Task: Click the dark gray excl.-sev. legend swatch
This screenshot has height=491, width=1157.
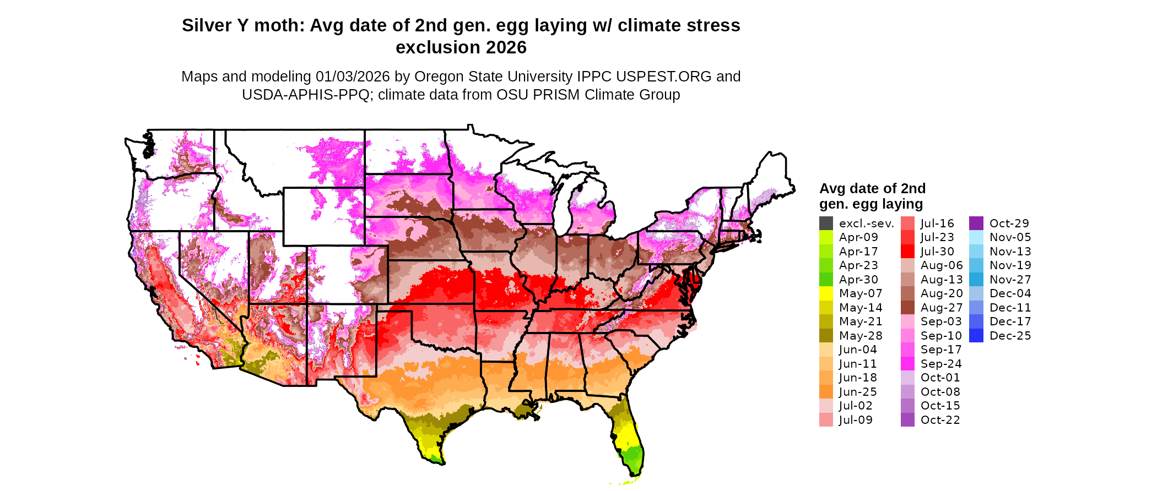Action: tap(826, 223)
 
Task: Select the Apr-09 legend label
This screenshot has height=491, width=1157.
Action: tap(858, 237)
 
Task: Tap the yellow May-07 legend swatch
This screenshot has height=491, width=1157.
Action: tap(826, 293)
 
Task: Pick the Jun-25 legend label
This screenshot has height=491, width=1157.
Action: tap(858, 392)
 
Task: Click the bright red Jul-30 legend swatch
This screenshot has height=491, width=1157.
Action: tap(907, 252)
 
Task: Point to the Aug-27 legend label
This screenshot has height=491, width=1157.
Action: tap(942, 308)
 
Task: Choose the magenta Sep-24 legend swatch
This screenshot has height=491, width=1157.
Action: tap(907, 364)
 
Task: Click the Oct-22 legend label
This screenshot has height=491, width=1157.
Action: tap(940, 420)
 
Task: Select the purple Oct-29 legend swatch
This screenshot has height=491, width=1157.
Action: tap(976, 223)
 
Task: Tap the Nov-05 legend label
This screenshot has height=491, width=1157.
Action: tap(1010, 237)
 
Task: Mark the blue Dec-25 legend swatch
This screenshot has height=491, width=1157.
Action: tap(976, 336)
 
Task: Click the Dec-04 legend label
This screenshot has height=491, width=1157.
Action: tap(1010, 293)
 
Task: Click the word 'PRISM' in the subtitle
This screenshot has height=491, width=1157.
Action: tap(558, 95)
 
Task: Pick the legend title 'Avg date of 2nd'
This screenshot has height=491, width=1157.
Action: tap(872, 189)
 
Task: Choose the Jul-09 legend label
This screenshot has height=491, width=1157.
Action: tap(856, 420)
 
